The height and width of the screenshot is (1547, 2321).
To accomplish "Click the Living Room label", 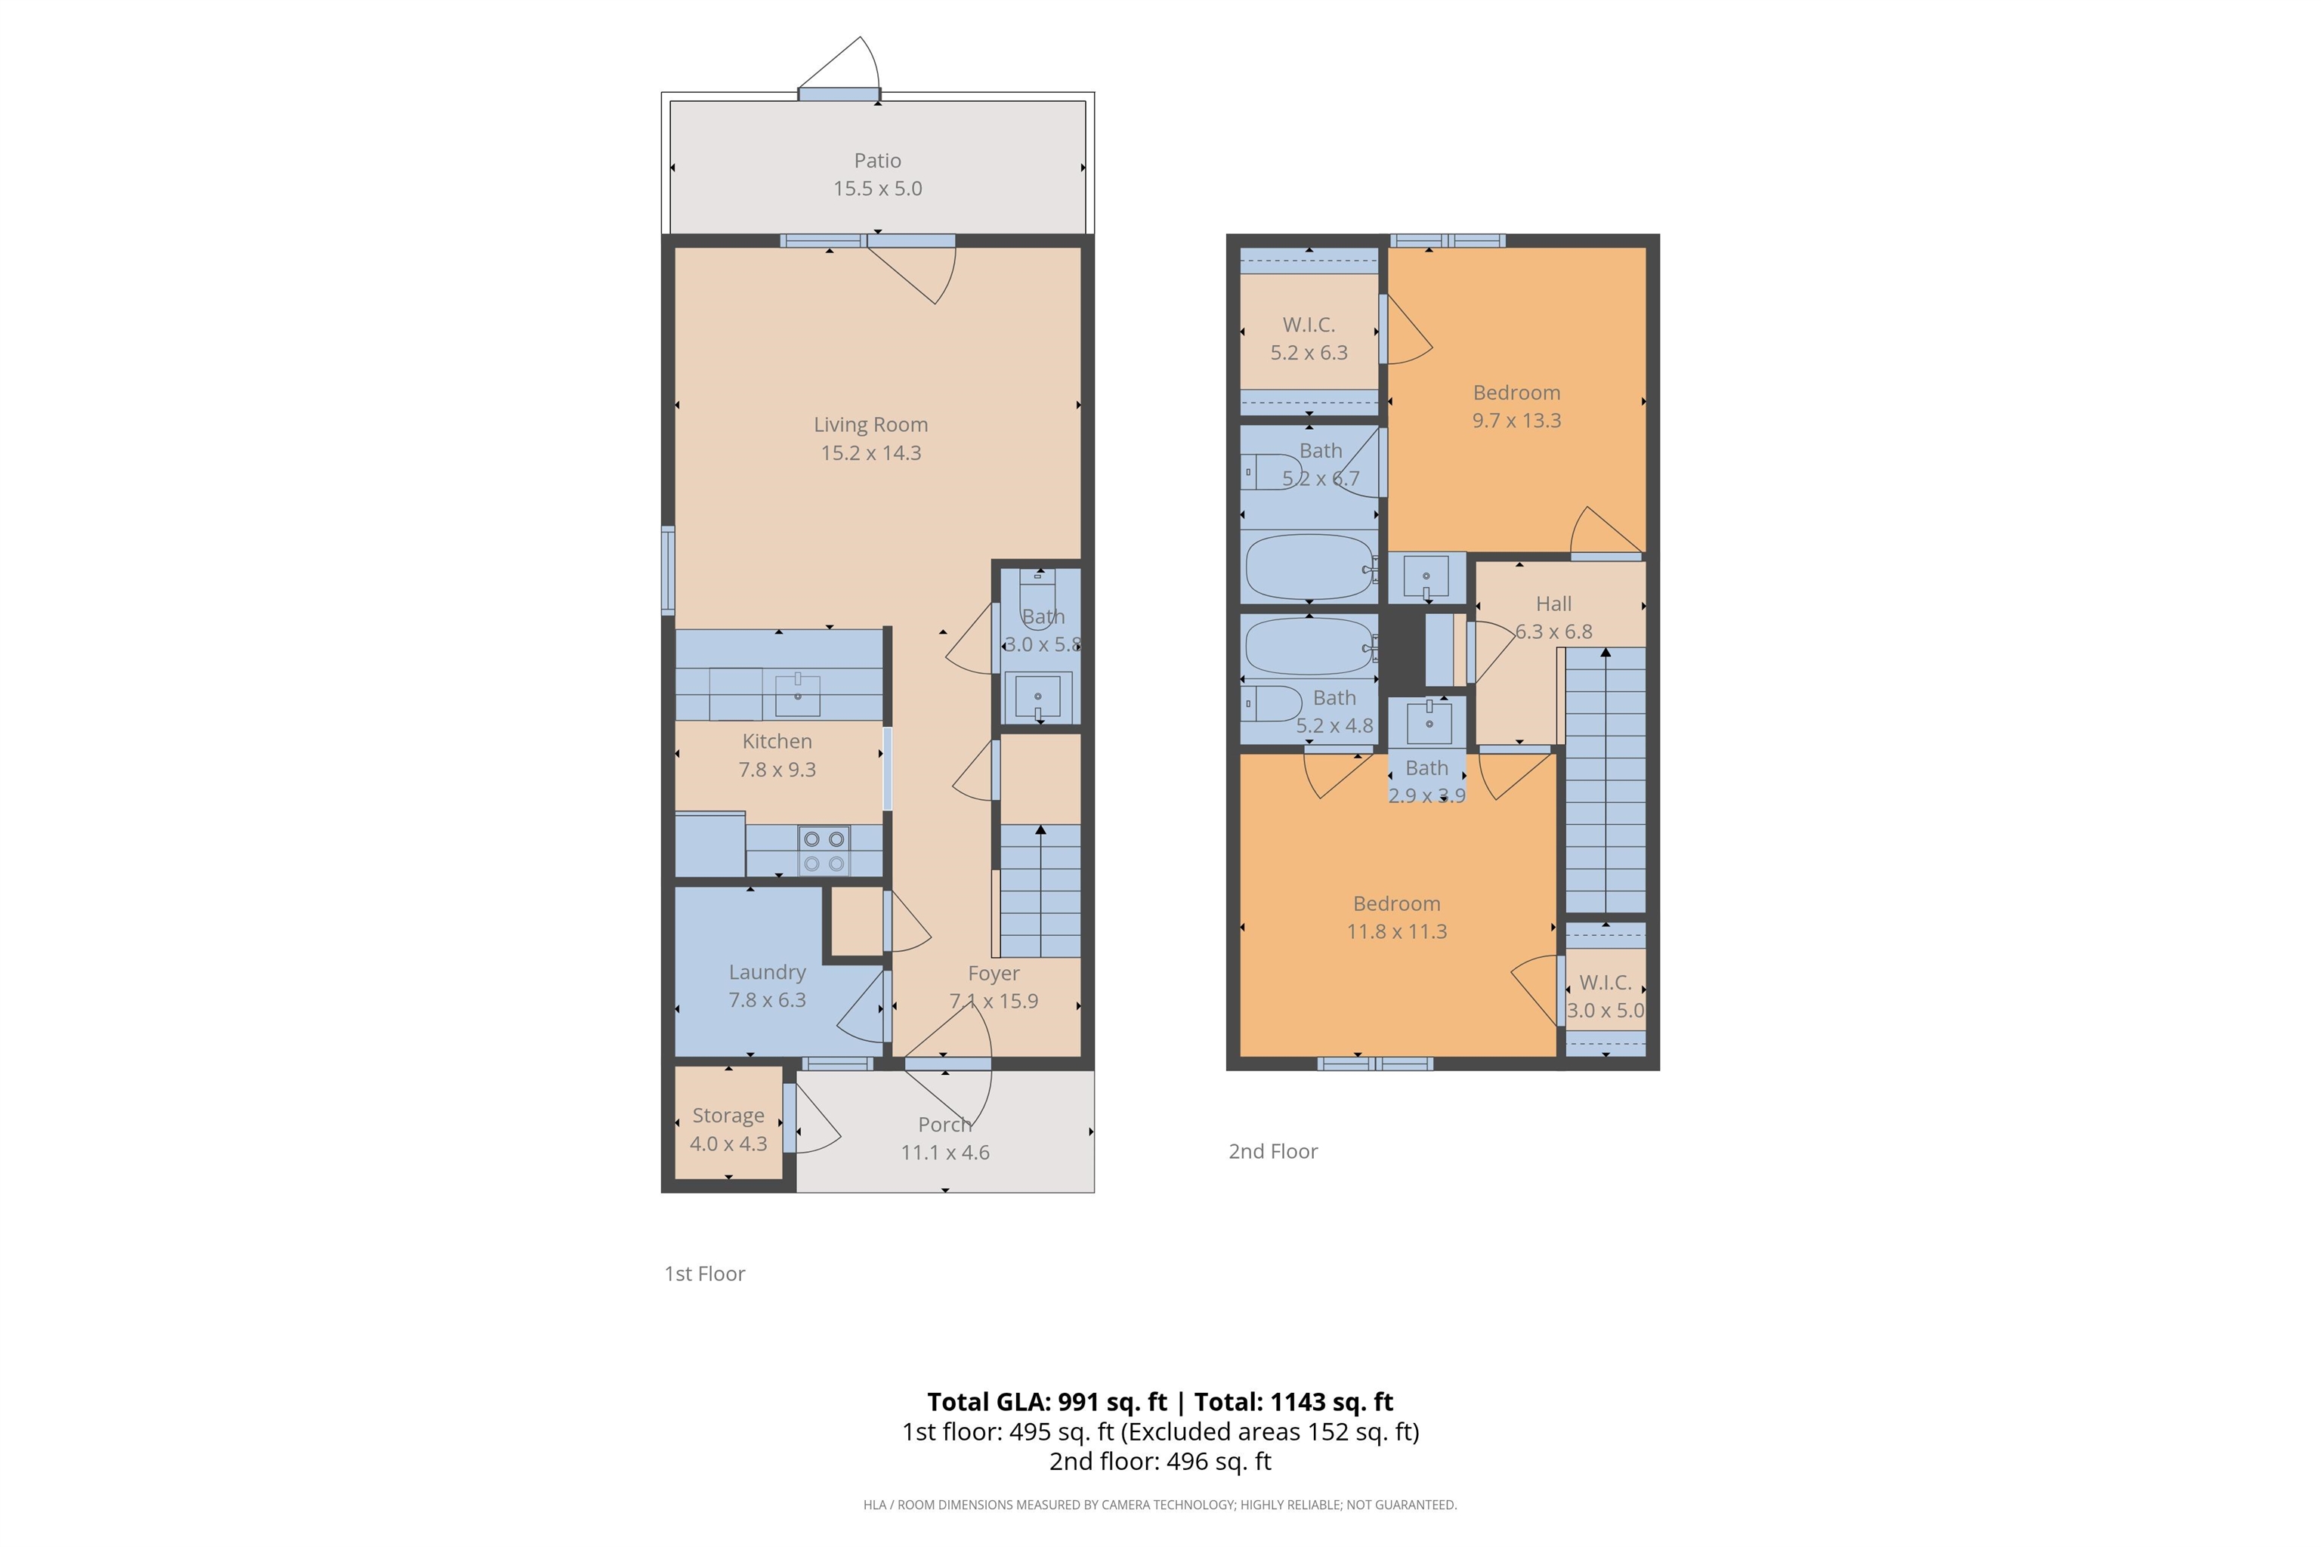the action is click(x=870, y=425).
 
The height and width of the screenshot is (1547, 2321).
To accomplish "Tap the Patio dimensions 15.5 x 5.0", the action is click(x=877, y=188).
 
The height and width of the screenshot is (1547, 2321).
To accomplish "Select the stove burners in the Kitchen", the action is click(x=824, y=851).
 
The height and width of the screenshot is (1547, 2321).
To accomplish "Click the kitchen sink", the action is click(x=797, y=695).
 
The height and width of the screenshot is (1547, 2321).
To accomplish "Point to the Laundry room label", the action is click(x=767, y=973).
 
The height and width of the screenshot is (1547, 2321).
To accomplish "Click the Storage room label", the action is click(x=728, y=1116).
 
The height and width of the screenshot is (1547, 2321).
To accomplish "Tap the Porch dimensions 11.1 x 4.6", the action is click(x=944, y=1153).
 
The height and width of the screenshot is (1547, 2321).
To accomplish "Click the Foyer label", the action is click(x=994, y=974).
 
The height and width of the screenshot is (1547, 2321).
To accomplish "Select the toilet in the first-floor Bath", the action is click(x=1037, y=591).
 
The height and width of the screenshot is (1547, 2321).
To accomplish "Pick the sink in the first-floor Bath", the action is click(x=1037, y=697).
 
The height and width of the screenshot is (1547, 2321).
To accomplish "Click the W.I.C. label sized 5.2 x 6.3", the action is click(x=1309, y=325).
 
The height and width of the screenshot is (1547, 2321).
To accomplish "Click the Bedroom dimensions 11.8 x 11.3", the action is click(x=1396, y=931).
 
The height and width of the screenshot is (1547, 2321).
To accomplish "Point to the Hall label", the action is click(x=1553, y=604).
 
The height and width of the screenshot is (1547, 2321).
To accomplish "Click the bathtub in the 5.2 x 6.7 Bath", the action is click(x=1309, y=567).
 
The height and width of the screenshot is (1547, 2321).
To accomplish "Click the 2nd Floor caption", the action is click(x=1273, y=1151).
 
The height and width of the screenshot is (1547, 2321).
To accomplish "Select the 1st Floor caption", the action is click(x=705, y=1274).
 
